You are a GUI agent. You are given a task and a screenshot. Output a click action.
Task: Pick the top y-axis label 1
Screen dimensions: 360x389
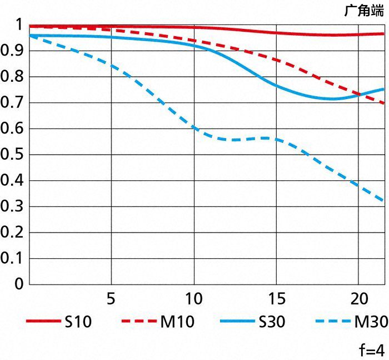pos(18,25)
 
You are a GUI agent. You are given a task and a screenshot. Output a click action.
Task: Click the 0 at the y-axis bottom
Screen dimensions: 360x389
pos(19,284)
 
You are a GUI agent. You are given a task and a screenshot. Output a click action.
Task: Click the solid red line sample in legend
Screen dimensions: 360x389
pos(42,322)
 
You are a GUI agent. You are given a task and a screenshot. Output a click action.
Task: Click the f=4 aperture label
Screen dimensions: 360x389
pos(371,351)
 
